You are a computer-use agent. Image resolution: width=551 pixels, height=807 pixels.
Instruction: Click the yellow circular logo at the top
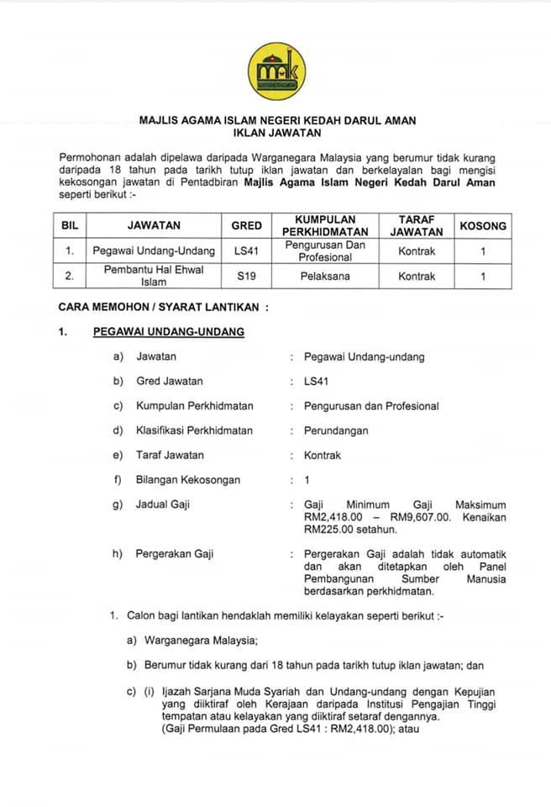277,70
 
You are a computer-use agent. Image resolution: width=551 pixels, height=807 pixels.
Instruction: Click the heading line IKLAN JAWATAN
277,133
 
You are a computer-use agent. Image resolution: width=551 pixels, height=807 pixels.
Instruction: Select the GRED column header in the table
247,226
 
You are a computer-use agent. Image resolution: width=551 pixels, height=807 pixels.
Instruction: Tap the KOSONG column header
483,226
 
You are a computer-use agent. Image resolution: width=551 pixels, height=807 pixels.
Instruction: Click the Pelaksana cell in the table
325,275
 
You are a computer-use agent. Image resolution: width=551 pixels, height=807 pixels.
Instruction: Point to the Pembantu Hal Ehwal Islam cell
154,275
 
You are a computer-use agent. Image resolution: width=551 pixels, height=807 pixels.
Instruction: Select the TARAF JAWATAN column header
417,225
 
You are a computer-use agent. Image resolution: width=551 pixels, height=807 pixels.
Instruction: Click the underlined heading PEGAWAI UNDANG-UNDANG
168,332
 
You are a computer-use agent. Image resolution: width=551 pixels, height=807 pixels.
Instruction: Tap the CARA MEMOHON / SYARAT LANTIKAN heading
163,308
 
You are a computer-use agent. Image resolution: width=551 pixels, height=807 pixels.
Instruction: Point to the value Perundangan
336,430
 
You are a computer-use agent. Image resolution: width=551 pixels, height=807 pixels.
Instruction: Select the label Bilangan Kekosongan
188,480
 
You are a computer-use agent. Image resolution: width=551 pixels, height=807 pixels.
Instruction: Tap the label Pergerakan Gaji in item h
175,554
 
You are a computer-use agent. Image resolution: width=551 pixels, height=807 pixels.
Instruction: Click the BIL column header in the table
70,226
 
